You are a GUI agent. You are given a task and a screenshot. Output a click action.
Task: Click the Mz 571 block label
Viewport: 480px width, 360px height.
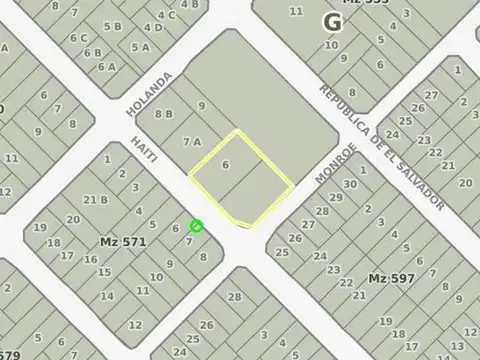[123, 242]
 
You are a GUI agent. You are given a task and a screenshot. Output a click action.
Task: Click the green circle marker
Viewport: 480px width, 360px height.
[196, 226]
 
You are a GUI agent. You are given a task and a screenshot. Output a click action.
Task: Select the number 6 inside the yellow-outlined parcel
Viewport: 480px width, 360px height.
[226, 165]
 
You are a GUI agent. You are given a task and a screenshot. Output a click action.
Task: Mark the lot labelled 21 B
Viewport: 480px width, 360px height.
[96, 199]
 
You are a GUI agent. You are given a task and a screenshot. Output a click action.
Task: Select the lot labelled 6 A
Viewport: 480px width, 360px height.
[105, 66]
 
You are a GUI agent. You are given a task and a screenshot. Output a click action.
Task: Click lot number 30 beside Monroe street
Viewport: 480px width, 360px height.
[349, 184]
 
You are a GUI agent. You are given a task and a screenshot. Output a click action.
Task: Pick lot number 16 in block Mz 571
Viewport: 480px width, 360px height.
[90, 259]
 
